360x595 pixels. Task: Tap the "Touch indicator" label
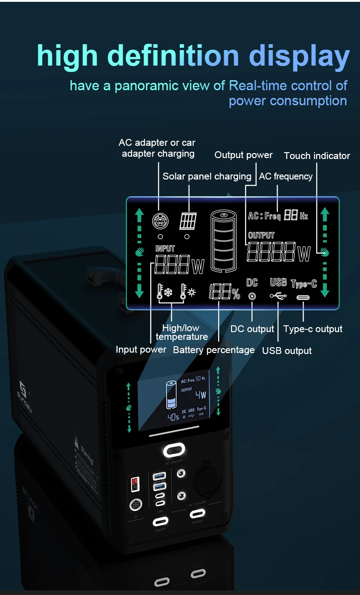pyautogui.click(x=317, y=156)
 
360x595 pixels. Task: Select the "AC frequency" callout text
pyautogui.click(x=286, y=176)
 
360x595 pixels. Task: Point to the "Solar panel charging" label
pyautogui.click(x=207, y=176)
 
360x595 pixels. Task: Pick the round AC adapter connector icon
pyautogui.click(x=160, y=221)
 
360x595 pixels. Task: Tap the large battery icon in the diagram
pyautogui.click(x=223, y=241)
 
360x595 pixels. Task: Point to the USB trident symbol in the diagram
pyautogui.click(x=278, y=296)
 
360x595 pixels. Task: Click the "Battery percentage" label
pyautogui.click(x=214, y=350)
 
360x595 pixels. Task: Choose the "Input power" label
pyautogui.click(x=141, y=349)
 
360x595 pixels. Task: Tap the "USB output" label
pyautogui.click(x=287, y=351)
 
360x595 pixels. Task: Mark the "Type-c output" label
pyautogui.click(x=313, y=329)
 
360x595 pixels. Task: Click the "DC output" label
pyautogui.click(x=252, y=329)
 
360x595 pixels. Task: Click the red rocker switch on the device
pyautogui.click(x=135, y=484)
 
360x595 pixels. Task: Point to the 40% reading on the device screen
pyautogui.click(x=173, y=417)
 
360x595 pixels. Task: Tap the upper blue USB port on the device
pyautogui.click(x=160, y=476)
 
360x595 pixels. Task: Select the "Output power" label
pyautogui.click(x=243, y=155)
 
